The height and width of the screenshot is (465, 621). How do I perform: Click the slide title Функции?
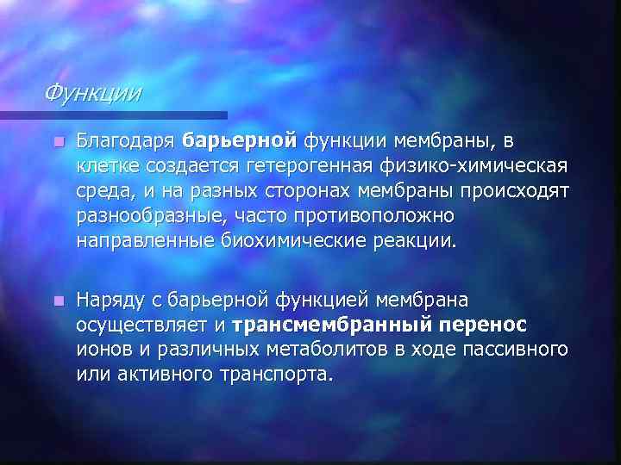(94, 90)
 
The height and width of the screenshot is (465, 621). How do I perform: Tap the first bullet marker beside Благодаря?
(58, 140)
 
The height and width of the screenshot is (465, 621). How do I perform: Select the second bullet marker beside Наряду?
(58, 301)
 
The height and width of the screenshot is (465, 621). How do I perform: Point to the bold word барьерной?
(241, 139)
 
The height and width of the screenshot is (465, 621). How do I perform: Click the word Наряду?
(109, 301)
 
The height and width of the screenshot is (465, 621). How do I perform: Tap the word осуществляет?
(142, 325)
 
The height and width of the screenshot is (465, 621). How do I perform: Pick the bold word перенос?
(484, 325)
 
